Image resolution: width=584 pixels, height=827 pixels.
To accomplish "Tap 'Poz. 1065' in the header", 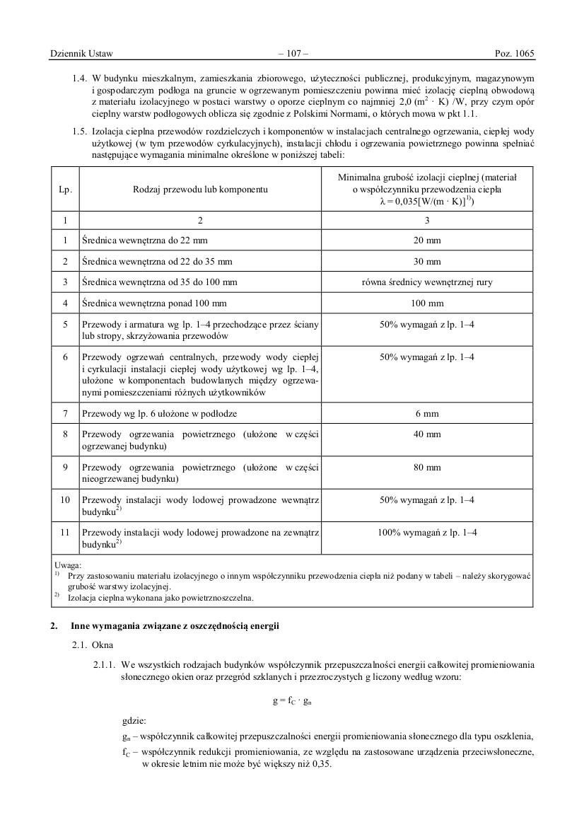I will (x=514, y=53).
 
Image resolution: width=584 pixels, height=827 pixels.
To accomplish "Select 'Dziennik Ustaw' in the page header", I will (x=82, y=53).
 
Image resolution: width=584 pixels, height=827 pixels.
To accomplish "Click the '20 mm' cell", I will (x=427, y=240).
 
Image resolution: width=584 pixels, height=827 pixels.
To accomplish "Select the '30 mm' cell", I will (x=427, y=261).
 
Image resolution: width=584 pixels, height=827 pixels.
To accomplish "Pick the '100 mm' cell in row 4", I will (x=427, y=303).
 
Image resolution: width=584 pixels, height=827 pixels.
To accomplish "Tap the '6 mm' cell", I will (x=427, y=412).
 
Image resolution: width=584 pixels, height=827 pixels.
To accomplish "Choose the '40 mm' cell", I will (x=427, y=434).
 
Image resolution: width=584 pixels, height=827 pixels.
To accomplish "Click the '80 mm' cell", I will (x=427, y=467).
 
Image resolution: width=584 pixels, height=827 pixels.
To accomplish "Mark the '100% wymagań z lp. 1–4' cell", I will (x=427, y=532).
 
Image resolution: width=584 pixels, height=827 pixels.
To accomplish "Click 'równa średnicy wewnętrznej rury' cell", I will (x=427, y=282).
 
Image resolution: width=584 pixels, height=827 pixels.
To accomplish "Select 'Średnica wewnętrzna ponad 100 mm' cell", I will (x=155, y=303).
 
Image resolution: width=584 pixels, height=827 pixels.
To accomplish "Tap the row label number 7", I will (x=64, y=412).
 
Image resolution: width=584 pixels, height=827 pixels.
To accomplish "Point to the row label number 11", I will (x=64, y=532).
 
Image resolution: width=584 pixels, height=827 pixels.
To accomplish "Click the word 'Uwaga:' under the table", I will (x=68, y=565).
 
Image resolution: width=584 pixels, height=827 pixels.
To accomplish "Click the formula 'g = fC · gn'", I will (x=292, y=700).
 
